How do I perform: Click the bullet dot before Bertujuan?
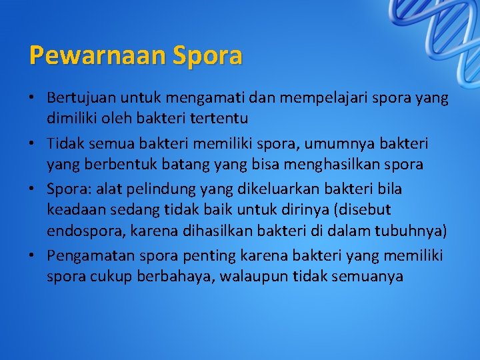pyautogui.click(x=32, y=98)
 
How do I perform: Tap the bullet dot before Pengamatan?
pyautogui.click(x=32, y=255)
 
